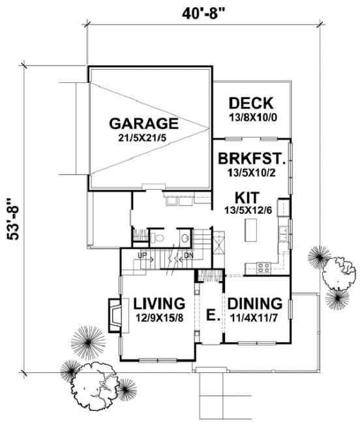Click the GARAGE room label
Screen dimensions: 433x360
(x=143, y=123)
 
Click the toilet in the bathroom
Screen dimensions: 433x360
(x=159, y=237)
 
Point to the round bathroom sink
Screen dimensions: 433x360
(x=185, y=237)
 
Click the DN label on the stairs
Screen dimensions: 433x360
(x=189, y=256)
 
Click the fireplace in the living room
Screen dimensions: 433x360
(x=113, y=314)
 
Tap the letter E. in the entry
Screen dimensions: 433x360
(x=211, y=316)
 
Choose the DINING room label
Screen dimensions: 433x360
(x=254, y=303)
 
